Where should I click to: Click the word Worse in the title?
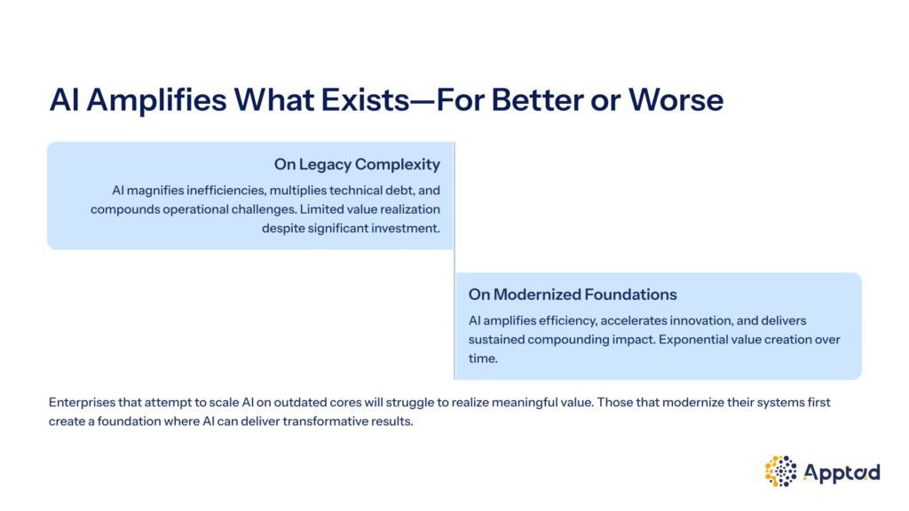(x=676, y=99)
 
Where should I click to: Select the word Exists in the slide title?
(x=365, y=99)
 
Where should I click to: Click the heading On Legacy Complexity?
(x=357, y=164)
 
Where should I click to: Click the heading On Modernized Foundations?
(x=573, y=295)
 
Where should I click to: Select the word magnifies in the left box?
(x=154, y=191)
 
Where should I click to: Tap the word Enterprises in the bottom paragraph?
(x=82, y=403)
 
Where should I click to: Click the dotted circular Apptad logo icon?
(x=781, y=471)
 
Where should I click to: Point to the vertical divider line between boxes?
(x=454, y=261)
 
